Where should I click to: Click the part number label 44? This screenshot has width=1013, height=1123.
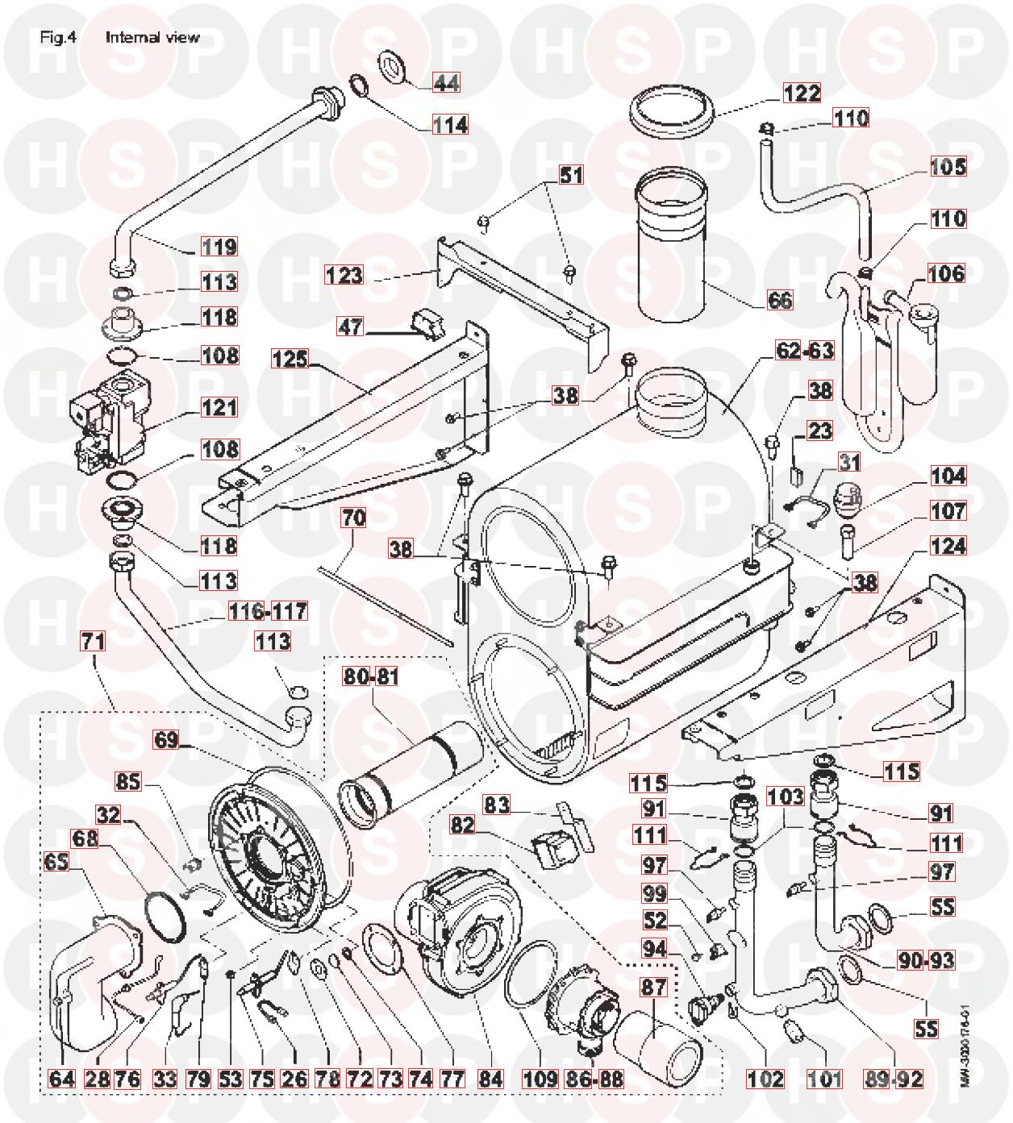[446, 82]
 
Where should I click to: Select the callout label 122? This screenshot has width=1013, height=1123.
[802, 93]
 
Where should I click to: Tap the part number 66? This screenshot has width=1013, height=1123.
[778, 300]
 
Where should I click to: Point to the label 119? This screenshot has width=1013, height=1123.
[219, 247]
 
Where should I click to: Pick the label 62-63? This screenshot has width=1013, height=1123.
[805, 351]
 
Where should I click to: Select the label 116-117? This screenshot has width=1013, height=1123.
[267, 612]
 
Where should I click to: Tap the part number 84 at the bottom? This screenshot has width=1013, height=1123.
[490, 1079]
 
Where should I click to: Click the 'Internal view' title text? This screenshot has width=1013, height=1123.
[152, 37]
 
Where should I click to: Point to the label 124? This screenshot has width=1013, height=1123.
[947, 547]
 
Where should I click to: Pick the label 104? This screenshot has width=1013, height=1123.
[947, 476]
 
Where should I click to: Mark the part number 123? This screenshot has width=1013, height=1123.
[344, 275]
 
